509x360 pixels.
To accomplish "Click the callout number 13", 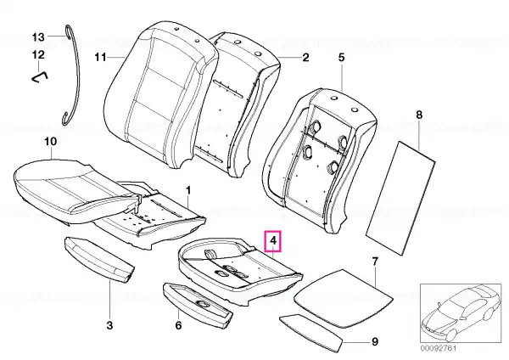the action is [38, 37].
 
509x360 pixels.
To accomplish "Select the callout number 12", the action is [38, 54].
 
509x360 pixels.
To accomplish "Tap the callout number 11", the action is [100, 58].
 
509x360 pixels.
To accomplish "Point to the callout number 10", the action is [50, 141].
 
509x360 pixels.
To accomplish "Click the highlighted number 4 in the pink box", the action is [273, 241].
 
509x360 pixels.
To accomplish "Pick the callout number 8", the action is [419, 115].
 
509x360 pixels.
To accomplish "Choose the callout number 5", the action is [341, 58].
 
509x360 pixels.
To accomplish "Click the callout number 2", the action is [305, 58].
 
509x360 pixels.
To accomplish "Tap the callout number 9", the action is [375, 342].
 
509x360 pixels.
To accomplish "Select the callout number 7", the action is [375, 262].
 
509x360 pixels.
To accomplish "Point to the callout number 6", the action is [178, 325].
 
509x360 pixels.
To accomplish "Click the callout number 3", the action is [109, 325].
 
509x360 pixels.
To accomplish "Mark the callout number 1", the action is [188, 190].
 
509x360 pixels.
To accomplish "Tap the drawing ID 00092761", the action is [439, 348].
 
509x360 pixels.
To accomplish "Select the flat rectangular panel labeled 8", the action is [400, 198].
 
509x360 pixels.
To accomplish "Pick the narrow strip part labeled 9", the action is [311, 333].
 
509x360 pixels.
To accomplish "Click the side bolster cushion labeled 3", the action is [99, 259].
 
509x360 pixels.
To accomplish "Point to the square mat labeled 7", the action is [343, 297].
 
